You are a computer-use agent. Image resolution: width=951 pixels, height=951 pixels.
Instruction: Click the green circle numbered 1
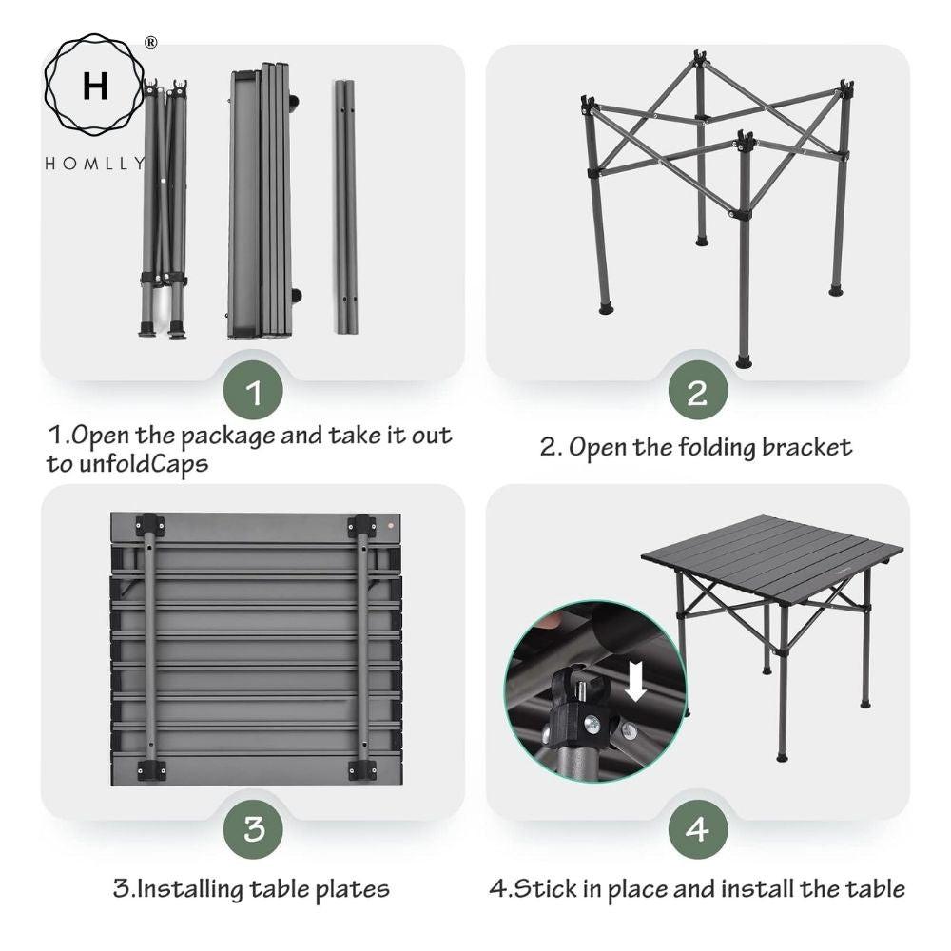(x=253, y=392)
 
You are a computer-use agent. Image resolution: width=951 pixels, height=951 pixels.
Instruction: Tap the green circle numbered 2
(x=697, y=392)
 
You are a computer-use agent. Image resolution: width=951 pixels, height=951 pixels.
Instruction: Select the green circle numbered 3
(x=253, y=829)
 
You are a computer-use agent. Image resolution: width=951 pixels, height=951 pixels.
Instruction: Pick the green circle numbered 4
(x=697, y=829)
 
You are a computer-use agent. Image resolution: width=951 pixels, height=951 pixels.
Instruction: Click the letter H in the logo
(x=95, y=87)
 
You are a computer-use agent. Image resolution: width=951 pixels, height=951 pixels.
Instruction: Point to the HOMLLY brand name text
(x=95, y=163)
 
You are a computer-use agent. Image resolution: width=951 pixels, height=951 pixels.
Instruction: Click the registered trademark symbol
(x=150, y=43)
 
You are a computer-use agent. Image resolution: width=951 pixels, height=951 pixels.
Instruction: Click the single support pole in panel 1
(x=345, y=206)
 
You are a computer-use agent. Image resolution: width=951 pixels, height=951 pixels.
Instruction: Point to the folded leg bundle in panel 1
(x=164, y=209)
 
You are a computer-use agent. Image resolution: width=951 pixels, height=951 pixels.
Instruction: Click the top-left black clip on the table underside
(x=149, y=526)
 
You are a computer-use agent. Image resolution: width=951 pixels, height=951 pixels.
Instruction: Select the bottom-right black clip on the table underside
(x=361, y=768)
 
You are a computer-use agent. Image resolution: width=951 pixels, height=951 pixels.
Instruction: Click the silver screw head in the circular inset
(x=590, y=723)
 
